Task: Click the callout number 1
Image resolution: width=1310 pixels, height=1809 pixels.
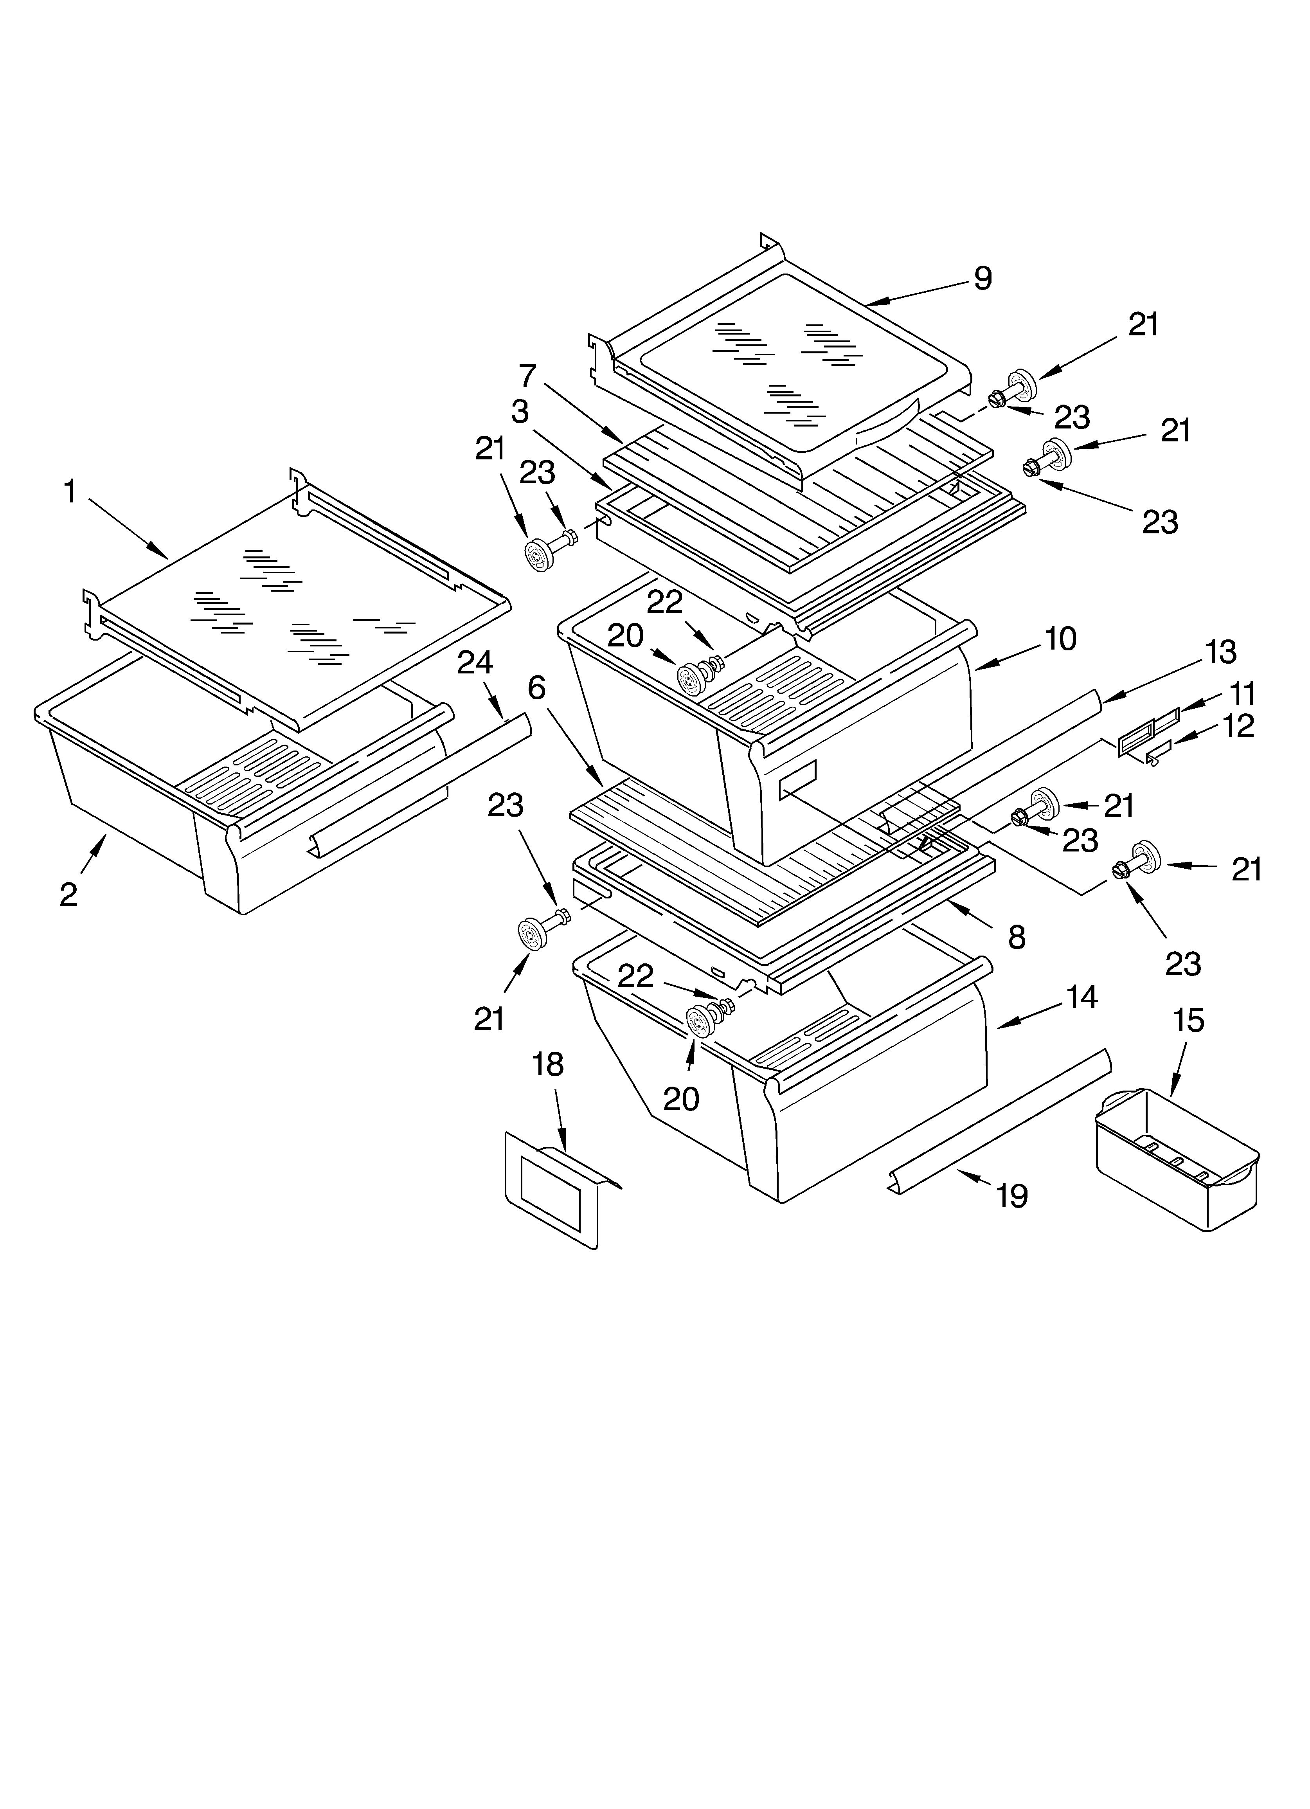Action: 70,492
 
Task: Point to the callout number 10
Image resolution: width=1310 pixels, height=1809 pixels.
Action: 1060,639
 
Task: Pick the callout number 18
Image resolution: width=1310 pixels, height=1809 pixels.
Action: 548,1065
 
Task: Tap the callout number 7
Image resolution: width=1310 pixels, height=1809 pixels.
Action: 527,376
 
